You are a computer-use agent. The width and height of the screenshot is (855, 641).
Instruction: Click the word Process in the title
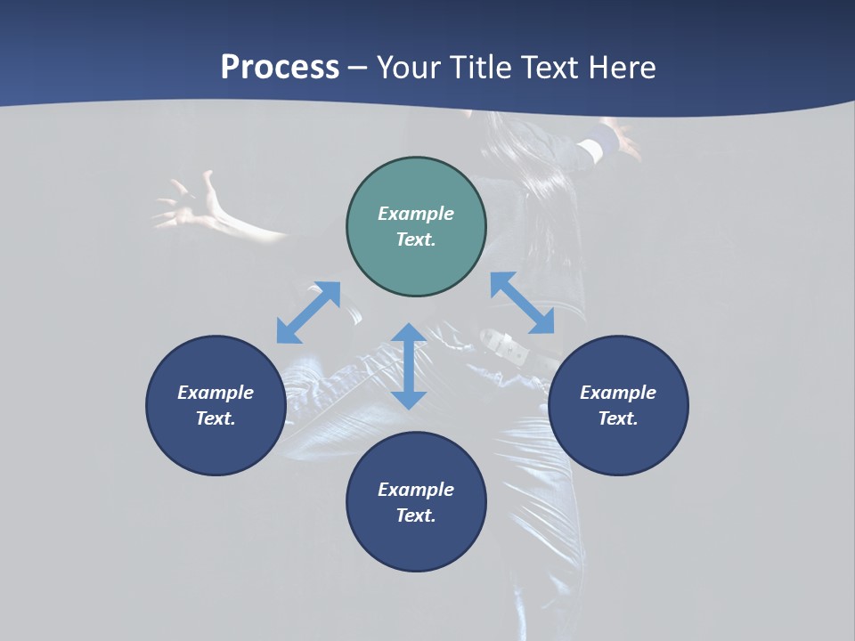pos(280,68)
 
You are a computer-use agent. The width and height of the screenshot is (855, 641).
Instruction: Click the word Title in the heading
pos(481,68)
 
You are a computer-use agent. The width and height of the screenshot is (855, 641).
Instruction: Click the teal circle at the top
pos(416,227)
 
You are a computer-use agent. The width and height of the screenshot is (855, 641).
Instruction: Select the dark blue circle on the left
pos(216,405)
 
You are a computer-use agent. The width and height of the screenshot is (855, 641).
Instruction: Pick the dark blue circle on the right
pos(618,405)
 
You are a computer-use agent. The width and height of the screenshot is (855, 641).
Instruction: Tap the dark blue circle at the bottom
pos(416,502)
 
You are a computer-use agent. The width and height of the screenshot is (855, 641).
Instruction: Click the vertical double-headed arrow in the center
pos(409,367)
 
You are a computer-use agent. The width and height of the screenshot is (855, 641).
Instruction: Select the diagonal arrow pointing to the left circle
pos(308,312)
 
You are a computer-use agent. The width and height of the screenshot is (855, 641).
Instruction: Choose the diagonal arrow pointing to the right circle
pos(523,303)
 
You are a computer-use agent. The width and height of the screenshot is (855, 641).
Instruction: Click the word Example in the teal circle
pos(416,214)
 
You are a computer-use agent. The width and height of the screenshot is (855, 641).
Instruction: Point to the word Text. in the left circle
pos(216,418)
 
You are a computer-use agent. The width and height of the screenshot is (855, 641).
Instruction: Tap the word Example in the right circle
pos(618,393)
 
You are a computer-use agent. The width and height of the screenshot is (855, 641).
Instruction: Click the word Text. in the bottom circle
pos(416,515)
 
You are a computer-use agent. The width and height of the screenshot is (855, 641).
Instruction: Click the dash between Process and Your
pos(358,68)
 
